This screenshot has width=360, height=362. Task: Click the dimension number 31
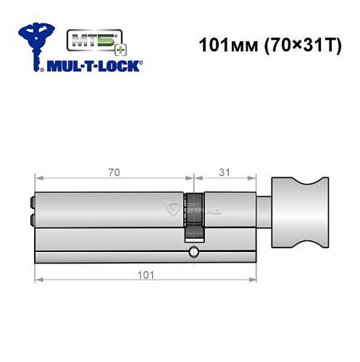(225, 172)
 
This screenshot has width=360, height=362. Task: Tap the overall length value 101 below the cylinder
(146, 274)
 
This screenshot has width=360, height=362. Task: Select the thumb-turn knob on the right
(297, 211)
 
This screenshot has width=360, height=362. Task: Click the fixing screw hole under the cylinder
(193, 252)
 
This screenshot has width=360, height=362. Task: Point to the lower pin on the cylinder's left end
(31, 219)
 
